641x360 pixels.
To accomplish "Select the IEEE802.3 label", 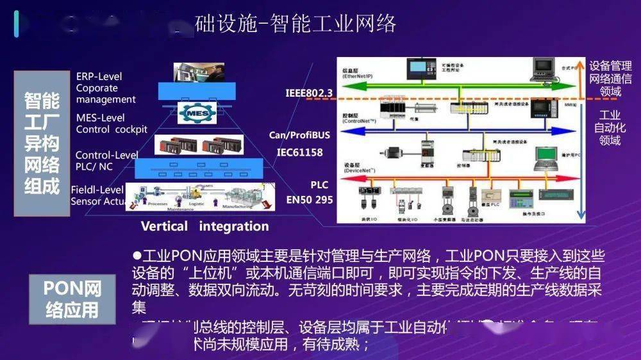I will coord(309,94).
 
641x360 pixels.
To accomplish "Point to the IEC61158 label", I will coord(299,152).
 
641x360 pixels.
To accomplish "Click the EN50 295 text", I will coord(310,200).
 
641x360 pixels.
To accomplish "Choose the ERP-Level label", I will coord(99,76).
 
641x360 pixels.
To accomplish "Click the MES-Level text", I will coord(100,118).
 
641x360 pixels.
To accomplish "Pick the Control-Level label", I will coord(106,155).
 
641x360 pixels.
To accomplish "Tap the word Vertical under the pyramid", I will coord(164,226).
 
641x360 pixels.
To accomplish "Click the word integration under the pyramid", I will coord(234,226).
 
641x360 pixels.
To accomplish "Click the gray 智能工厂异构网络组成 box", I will coord(42,144).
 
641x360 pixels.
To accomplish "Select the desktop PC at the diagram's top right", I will coord(543,68).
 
